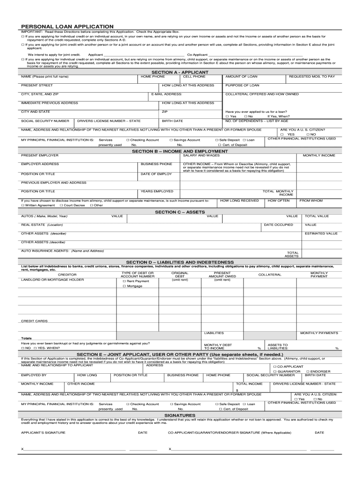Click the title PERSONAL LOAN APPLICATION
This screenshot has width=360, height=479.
pyautogui.click(x=67, y=27)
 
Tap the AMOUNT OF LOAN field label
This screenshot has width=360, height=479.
pyautogui.click(x=241, y=76)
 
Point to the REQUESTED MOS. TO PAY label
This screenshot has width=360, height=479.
pyautogui.click(x=312, y=76)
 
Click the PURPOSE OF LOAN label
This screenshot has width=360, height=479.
pyautogui.click(x=242, y=85)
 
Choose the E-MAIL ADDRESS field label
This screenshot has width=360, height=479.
pyautogui.click(x=167, y=94)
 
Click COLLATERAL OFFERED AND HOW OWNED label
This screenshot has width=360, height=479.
pyautogui.click(x=262, y=94)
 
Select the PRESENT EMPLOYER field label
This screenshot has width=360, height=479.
pyautogui.click(x=40, y=155)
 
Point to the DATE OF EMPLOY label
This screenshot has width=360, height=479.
pyautogui.click(x=156, y=174)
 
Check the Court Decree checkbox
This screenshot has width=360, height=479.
pyautogui.click(x=61, y=205)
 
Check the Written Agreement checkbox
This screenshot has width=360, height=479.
pyautogui.click(x=23, y=205)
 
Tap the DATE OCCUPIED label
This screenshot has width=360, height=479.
pyautogui.click(x=279, y=225)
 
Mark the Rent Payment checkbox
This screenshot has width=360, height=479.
pyautogui.click(x=124, y=281)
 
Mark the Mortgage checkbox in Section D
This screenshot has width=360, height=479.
pyautogui.click(x=124, y=286)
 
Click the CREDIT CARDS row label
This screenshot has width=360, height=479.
pyautogui.click(x=35, y=321)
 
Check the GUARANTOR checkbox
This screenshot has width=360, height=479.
pyautogui.click(x=274, y=371)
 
